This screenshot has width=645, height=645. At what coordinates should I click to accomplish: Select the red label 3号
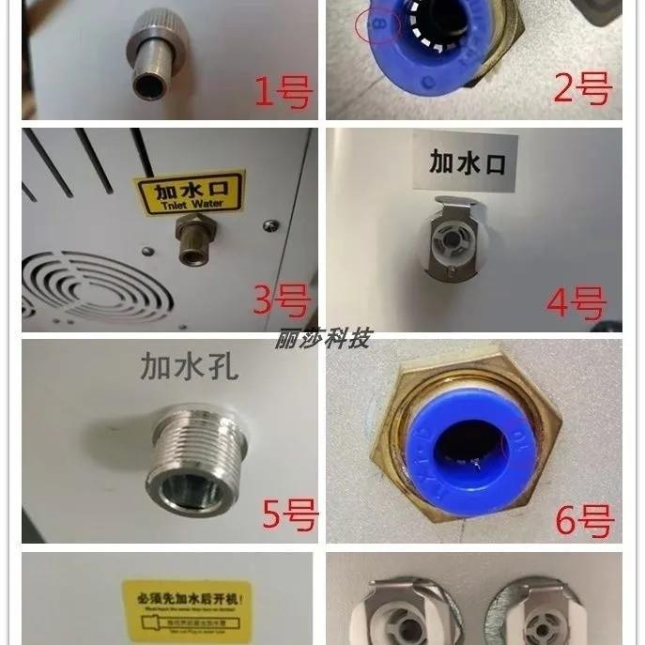280,301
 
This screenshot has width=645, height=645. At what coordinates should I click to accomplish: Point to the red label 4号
576,303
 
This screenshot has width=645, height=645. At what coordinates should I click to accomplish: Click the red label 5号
289,515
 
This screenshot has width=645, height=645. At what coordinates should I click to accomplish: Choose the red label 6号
583,518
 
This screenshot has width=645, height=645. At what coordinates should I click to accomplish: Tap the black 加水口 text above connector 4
467,161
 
